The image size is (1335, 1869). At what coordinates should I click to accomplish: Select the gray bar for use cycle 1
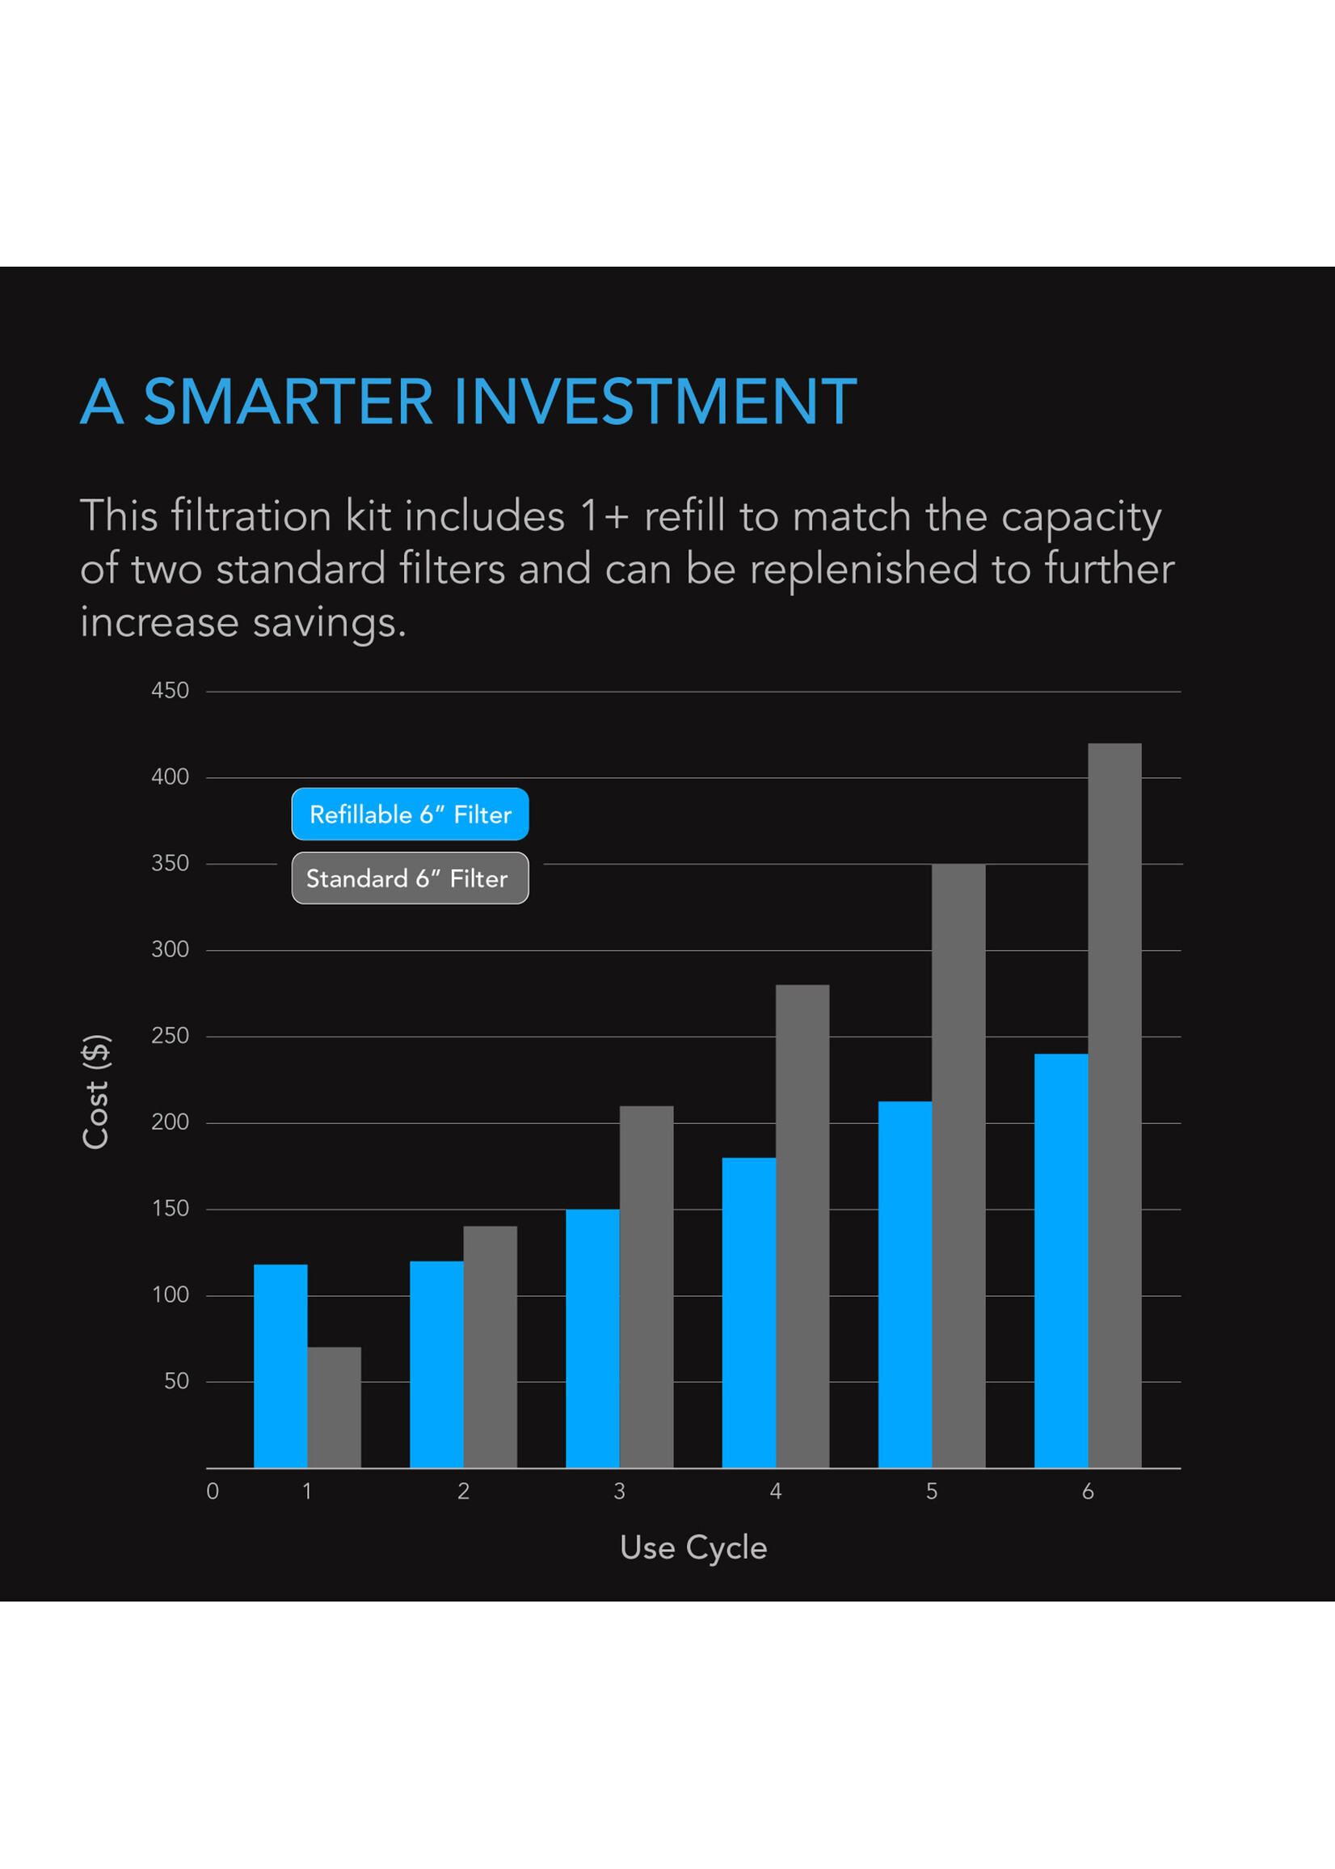pyautogui.click(x=334, y=1407)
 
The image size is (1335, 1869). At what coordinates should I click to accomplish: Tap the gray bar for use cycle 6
pyautogui.click(x=1114, y=1105)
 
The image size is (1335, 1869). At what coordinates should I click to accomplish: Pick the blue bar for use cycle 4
pyautogui.click(x=748, y=1312)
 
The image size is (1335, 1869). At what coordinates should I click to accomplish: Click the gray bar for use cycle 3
pyautogui.click(x=646, y=1286)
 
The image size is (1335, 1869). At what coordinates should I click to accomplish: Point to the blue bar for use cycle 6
pyautogui.click(x=1060, y=1261)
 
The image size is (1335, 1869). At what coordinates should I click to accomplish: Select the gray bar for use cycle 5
pyautogui.click(x=958, y=1165)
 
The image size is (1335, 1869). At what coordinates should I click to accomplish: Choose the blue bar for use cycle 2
pyautogui.click(x=436, y=1364)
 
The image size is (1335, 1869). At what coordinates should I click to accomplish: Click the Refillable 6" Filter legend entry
pyautogui.click(x=411, y=815)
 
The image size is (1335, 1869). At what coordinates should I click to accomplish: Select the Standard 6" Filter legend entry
pyautogui.click(x=411, y=878)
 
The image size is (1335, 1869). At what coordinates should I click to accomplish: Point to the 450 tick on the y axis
pyautogui.click(x=171, y=690)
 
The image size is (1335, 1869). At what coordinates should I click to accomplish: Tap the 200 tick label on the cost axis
pyautogui.click(x=171, y=1122)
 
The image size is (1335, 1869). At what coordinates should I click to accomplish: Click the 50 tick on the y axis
pyautogui.click(x=177, y=1381)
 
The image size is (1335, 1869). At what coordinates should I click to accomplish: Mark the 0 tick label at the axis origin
pyautogui.click(x=213, y=1492)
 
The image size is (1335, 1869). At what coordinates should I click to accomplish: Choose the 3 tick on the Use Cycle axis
pyautogui.click(x=619, y=1492)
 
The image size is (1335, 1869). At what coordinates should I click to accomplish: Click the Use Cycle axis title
pyautogui.click(x=693, y=1547)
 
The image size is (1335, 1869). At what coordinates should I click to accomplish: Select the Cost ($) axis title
pyautogui.click(x=96, y=1092)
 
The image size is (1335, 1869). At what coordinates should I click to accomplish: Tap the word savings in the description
pyautogui.click(x=328, y=622)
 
